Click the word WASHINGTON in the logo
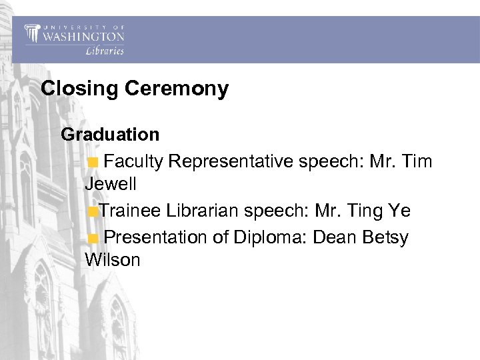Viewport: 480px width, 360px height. tap(83, 36)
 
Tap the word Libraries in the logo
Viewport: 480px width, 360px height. tap(105, 51)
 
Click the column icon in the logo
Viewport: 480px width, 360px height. tap(32, 34)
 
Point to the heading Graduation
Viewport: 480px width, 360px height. tap(110, 134)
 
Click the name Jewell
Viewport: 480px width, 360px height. tap(111, 183)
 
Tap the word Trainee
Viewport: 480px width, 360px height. tap(131, 211)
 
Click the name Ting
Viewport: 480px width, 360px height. tap(363, 211)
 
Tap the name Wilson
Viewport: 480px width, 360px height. tap(113, 259)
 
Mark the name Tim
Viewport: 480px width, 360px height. tap(417, 161)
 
